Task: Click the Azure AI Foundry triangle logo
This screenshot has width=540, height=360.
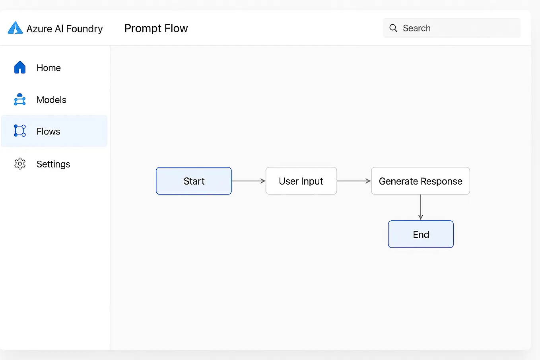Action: pyautogui.click(x=15, y=28)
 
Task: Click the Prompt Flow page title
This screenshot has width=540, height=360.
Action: pyautogui.click(x=156, y=28)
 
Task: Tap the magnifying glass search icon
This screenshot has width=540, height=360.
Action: pyautogui.click(x=393, y=28)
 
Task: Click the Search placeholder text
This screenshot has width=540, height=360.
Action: pyautogui.click(x=416, y=28)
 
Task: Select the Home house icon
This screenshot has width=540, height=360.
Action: pyautogui.click(x=20, y=68)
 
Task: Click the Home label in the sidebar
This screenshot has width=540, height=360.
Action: pyautogui.click(x=49, y=68)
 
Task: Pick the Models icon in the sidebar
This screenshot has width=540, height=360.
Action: pyautogui.click(x=20, y=99)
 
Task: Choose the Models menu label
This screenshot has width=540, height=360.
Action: pyautogui.click(x=51, y=99)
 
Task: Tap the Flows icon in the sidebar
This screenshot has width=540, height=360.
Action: pyautogui.click(x=20, y=131)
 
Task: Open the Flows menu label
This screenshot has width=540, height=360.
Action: pyautogui.click(x=48, y=131)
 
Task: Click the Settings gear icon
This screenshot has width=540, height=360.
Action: pyautogui.click(x=20, y=163)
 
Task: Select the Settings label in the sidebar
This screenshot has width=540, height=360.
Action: pyautogui.click(x=53, y=164)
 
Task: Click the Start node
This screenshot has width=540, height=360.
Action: pyautogui.click(x=194, y=181)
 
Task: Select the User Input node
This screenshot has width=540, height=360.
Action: pyautogui.click(x=301, y=181)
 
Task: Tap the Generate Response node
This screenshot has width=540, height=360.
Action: pyautogui.click(x=420, y=181)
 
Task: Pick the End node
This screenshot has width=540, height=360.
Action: pyautogui.click(x=421, y=234)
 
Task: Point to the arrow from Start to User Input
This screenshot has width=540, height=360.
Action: pyautogui.click(x=249, y=181)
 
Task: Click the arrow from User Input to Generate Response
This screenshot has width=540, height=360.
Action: pyautogui.click(x=354, y=181)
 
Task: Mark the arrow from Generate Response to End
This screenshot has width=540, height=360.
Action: pyautogui.click(x=421, y=207)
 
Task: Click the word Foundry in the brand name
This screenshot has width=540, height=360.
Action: pyautogui.click(x=84, y=29)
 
